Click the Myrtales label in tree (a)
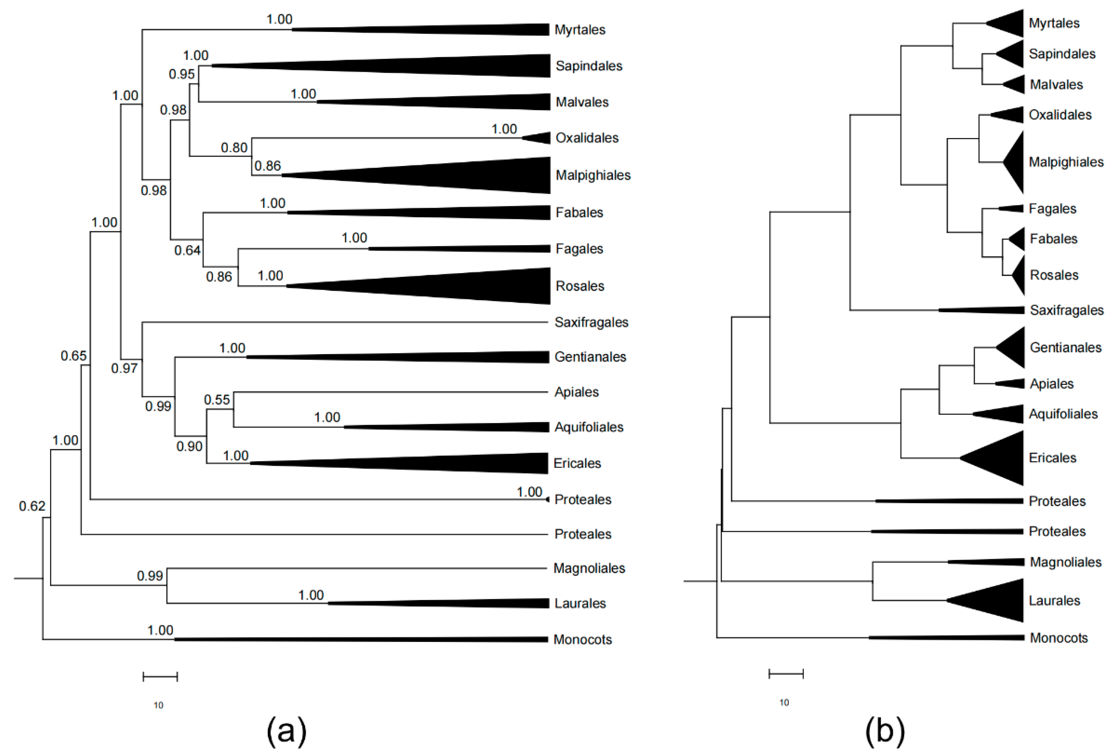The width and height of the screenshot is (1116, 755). [x=580, y=30]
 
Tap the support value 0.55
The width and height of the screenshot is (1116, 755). [x=217, y=400]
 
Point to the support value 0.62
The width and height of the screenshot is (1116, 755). [x=32, y=506]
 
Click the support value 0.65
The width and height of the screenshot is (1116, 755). [x=74, y=356]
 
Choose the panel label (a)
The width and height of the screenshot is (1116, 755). [x=286, y=731]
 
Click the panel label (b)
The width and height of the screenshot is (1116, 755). [x=885, y=731]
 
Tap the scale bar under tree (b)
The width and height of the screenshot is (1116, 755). [x=786, y=674]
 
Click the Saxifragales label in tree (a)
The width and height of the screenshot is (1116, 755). [x=591, y=322]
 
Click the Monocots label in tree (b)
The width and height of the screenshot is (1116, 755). [x=1058, y=638]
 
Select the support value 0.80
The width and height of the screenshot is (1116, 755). [x=234, y=148]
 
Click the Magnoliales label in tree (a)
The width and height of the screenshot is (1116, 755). [x=589, y=568]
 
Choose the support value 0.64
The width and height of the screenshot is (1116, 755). [x=187, y=250]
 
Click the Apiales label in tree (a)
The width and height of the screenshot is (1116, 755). [x=576, y=392]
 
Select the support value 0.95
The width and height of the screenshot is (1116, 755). [x=181, y=74]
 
